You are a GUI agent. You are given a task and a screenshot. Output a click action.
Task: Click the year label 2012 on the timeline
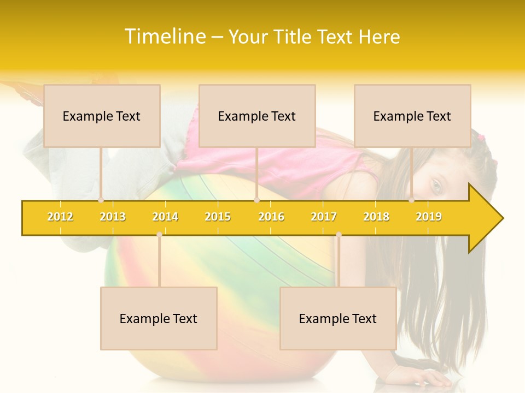[x=60, y=217]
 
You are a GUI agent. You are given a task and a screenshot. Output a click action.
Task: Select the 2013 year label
[x=113, y=217]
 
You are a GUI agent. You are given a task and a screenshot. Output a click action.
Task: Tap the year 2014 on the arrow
[x=165, y=217]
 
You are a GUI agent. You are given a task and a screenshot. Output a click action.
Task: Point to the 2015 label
[x=218, y=217]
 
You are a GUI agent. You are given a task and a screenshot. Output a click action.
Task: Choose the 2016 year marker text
[x=271, y=217]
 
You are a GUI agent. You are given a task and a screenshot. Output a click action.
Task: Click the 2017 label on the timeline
[x=324, y=217]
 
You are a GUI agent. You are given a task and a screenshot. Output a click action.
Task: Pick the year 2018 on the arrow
[x=376, y=217]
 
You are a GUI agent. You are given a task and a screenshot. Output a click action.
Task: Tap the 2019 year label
[x=429, y=217]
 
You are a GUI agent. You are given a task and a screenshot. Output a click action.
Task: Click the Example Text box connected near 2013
[x=102, y=116]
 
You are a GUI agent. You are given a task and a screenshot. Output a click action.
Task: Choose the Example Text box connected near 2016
[x=257, y=116]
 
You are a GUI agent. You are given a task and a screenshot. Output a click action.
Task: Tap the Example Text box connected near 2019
[x=412, y=116]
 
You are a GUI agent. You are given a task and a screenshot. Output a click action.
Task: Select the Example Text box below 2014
[x=159, y=318]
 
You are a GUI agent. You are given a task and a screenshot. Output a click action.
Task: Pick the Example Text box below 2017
[x=338, y=318]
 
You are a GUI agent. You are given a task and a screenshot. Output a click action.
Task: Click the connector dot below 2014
[x=159, y=235]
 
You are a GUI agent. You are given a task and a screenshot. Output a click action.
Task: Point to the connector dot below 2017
[x=339, y=235]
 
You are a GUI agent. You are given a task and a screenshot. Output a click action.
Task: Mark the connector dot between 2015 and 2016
[x=256, y=200]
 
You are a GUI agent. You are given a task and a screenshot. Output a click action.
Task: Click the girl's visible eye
[x=436, y=185]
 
